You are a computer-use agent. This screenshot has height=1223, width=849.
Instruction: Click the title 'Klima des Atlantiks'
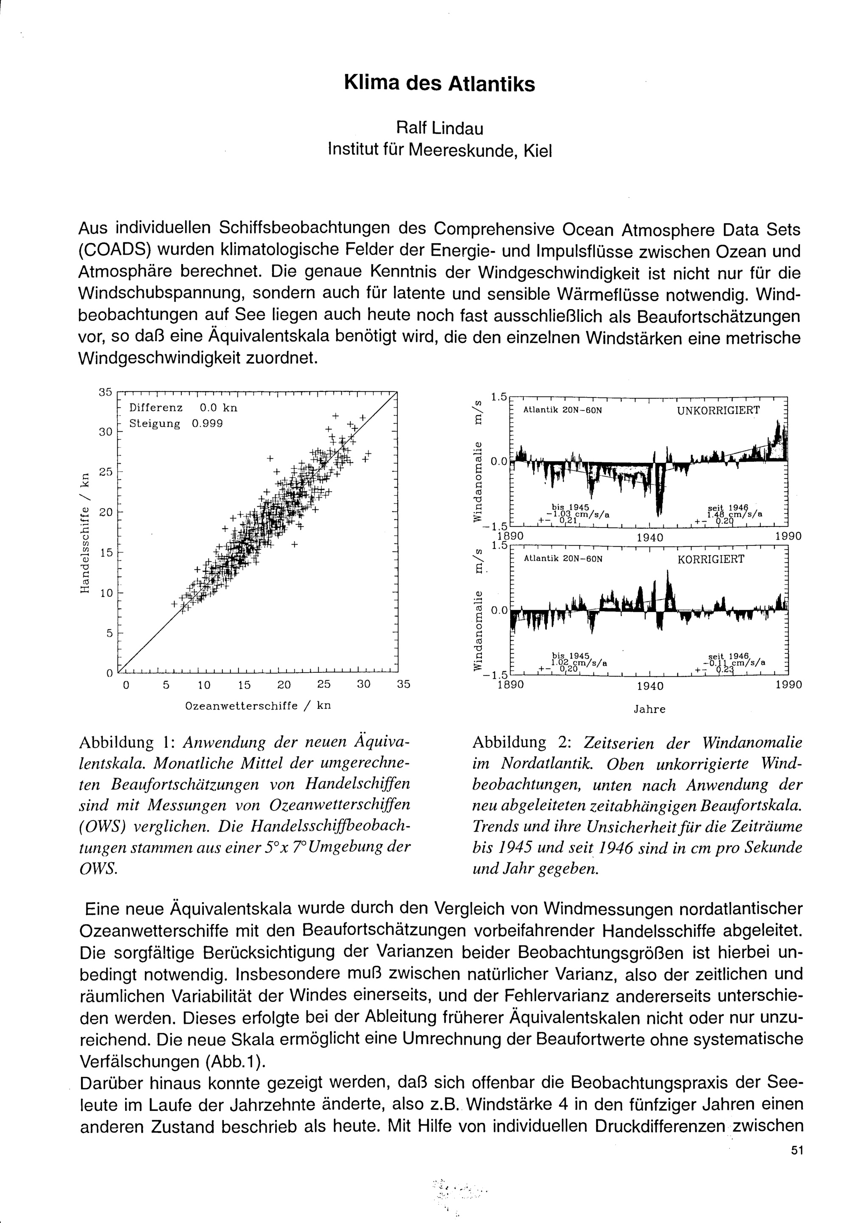(x=439, y=84)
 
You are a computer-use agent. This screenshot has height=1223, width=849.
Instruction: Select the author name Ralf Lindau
(x=439, y=128)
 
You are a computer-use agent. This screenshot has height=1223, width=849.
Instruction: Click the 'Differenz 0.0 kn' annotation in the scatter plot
(x=183, y=408)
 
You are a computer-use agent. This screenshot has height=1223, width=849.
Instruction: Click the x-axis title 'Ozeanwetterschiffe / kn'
(x=258, y=706)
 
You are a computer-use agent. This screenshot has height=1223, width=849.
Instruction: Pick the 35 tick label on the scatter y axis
(x=105, y=393)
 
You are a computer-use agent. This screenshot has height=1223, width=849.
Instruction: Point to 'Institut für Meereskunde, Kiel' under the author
(x=439, y=151)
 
